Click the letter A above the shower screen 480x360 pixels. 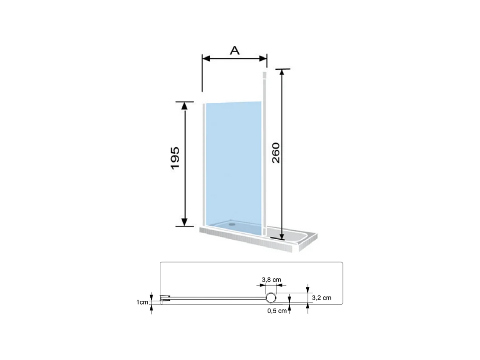(x=235, y=51)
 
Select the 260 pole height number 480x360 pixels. (x=276, y=153)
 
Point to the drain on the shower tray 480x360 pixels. (x=232, y=222)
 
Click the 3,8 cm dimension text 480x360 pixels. (x=271, y=279)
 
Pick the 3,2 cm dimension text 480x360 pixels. (x=321, y=298)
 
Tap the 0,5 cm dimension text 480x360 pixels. (x=277, y=311)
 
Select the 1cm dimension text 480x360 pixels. (x=142, y=302)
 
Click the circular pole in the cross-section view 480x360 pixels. (x=271, y=298)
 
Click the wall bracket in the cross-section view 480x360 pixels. (x=164, y=298)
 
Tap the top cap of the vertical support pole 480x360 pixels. (x=265, y=75)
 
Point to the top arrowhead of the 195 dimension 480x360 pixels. (x=184, y=106)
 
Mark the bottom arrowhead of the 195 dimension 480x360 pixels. (x=184, y=222)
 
